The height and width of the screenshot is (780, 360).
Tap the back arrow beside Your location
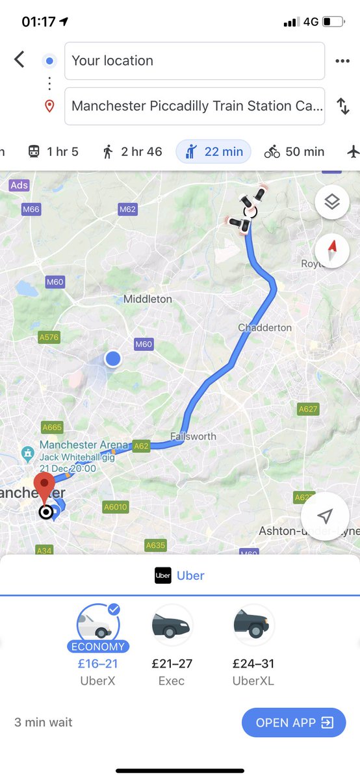coord(19,60)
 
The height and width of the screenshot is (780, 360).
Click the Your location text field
coord(194,61)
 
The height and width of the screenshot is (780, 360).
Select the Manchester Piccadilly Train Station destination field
coord(194,106)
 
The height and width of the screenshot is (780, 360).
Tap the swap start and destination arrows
coord(342,106)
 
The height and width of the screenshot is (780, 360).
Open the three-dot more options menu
coord(342,61)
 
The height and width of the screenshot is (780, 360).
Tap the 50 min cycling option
coord(294,152)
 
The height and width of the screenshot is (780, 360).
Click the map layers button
coord(332,203)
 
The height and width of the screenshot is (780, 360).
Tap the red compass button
coord(332,250)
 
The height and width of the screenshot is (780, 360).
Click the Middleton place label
coord(148,299)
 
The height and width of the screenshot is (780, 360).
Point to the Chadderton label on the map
coord(264,328)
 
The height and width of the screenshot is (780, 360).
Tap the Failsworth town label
coord(193,436)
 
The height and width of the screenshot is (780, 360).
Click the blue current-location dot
coord(113,358)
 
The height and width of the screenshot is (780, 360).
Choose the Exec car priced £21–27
coord(172,625)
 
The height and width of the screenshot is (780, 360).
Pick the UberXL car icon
coord(253,625)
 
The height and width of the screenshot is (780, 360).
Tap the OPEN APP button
coord(294,722)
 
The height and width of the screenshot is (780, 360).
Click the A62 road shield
coord(141,446)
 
